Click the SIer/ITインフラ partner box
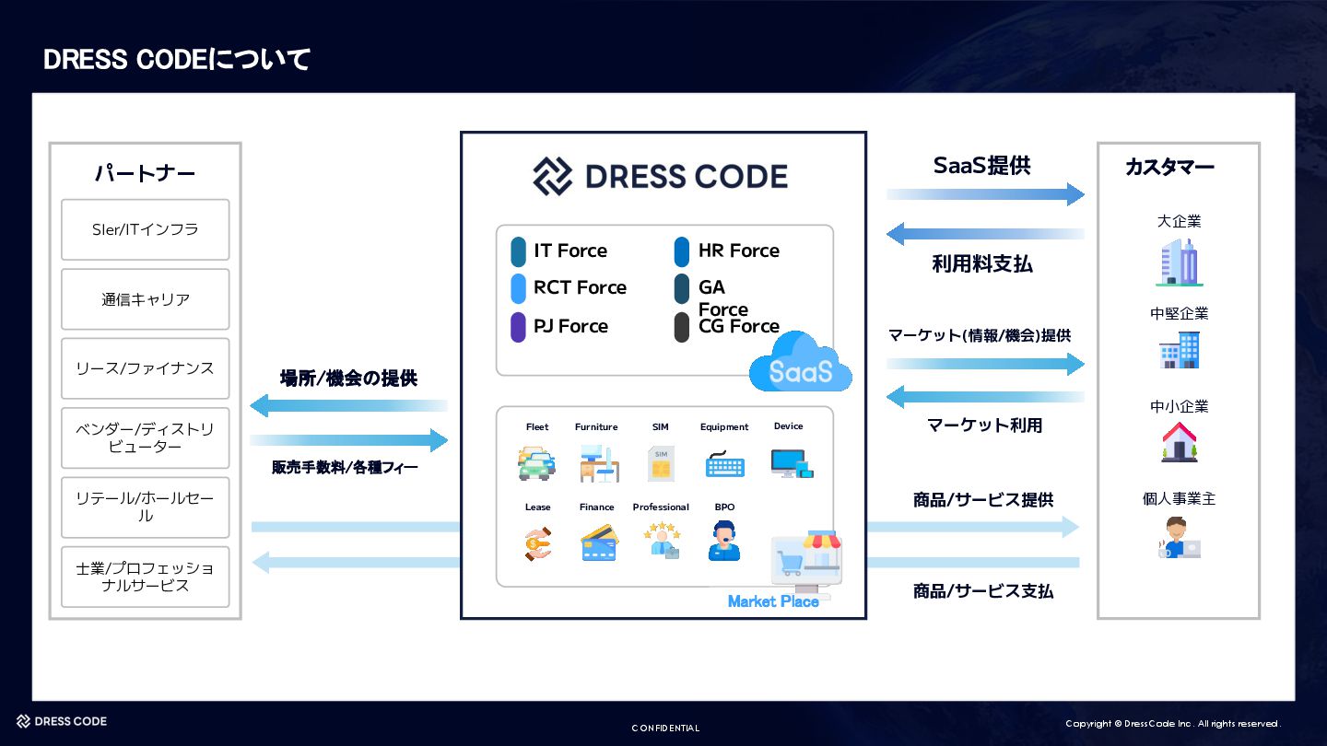click(145, 229)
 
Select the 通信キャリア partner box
click(145, 299)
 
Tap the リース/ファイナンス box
click(145, 368)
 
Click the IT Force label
click(570, 251)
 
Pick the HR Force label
click(738, 251)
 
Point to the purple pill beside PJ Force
click(518, 327)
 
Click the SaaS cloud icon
click(800, 365)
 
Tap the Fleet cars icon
click(536, 462)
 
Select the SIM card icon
click(660, 463)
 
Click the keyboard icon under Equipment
click(724, 463)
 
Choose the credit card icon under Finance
click(599, 543)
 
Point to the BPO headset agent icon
click(724, 542)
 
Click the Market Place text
click(773, 601)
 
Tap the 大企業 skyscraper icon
click(1179, 262)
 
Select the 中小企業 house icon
click(1179, 442)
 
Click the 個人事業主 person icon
click(1179, 537)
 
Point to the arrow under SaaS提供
click(985, 194)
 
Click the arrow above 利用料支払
click(985, 234)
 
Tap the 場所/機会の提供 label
click(348, 378)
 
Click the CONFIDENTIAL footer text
click(665, 728)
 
